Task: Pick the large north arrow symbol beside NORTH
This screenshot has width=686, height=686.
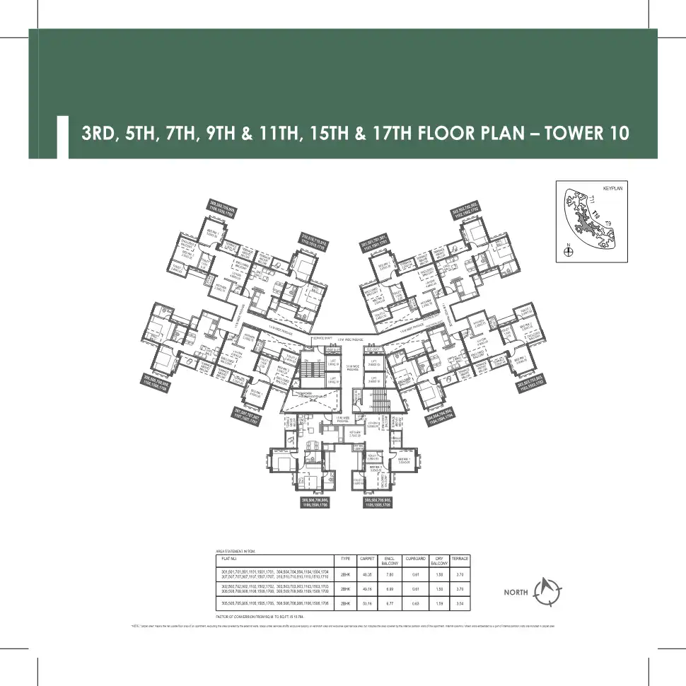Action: point(549,590)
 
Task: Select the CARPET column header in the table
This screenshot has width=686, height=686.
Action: point(366,558)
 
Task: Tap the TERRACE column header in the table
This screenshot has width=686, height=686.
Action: point(460,558)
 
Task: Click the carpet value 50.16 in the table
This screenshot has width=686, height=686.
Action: point(366,603)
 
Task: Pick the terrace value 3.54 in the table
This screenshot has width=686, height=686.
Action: point(460,603)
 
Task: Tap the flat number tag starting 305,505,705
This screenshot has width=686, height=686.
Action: point(373,503)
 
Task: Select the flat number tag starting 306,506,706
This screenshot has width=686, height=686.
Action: point(312,503)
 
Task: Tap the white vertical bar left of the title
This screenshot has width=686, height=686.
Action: point(62,136)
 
